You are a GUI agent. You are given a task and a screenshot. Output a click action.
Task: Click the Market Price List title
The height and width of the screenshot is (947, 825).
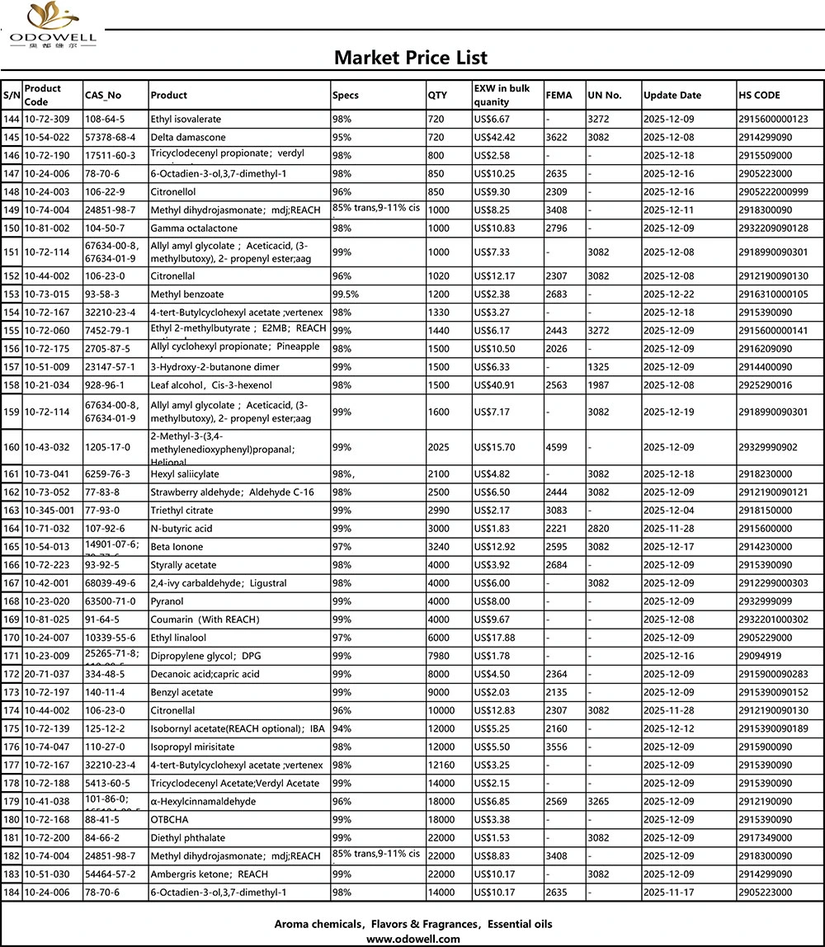click(410, 57)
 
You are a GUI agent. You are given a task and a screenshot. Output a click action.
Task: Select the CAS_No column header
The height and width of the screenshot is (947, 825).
click(103, 95)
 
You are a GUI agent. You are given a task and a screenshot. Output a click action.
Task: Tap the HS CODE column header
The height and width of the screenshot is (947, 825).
click(760, 95)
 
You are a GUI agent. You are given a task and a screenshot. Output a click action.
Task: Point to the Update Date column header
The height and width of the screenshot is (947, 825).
click(672, 95)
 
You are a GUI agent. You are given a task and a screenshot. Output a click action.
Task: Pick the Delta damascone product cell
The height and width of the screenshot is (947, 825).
click(184, 137)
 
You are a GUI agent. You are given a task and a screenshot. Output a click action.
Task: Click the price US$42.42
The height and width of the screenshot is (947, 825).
click(494, 137)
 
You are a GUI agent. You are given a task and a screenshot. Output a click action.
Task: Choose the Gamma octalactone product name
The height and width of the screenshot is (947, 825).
click(194, 228)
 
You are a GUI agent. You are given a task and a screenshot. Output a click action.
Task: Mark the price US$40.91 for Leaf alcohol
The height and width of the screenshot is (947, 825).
click(494, 385)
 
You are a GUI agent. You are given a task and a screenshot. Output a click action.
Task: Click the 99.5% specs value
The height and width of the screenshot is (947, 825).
click(348, 294)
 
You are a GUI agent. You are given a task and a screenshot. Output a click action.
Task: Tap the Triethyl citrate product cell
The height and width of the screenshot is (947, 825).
click(182, 511)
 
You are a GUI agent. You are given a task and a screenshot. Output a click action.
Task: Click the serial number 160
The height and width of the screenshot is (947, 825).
click(12, 447)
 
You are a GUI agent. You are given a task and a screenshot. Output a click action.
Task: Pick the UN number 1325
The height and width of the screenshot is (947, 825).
click(600, 367)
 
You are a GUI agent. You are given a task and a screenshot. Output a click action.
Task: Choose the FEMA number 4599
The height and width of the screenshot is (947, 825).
click(558, 447)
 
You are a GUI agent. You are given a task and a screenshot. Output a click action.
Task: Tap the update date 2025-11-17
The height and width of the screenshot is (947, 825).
click(668, 892)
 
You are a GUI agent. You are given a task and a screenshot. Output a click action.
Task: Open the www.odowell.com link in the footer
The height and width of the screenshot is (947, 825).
click(412, 939)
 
